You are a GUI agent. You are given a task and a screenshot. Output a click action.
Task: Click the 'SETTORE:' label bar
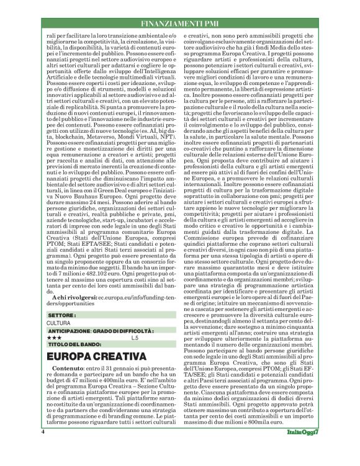[62, 315]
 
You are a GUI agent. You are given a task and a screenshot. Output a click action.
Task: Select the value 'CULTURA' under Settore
[58, 323]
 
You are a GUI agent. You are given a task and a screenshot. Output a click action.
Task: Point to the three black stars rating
[54, 338]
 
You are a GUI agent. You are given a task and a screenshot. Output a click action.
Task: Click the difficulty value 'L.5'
[135, 338]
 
